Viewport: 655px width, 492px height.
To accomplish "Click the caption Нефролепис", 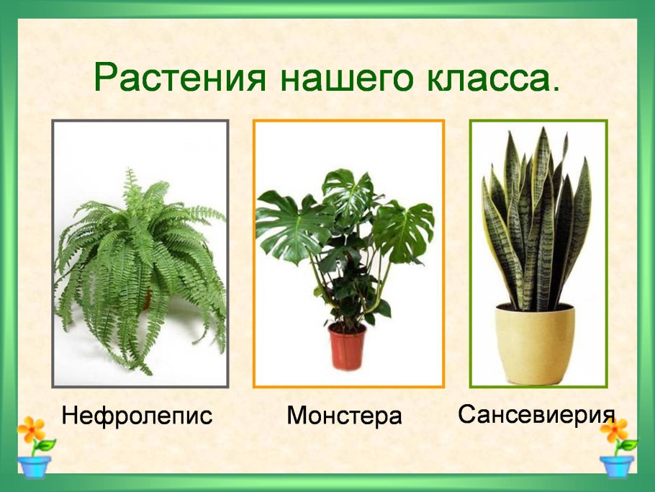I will coord(137,416).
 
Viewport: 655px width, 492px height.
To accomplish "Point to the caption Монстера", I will coord(344,416).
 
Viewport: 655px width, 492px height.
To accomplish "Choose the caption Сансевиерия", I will coord(536,414).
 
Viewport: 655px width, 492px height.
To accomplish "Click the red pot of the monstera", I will coord(347,346).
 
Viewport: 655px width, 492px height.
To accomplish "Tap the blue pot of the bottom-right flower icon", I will coord(617,465).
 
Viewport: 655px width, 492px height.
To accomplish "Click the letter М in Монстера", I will coord(296,416).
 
